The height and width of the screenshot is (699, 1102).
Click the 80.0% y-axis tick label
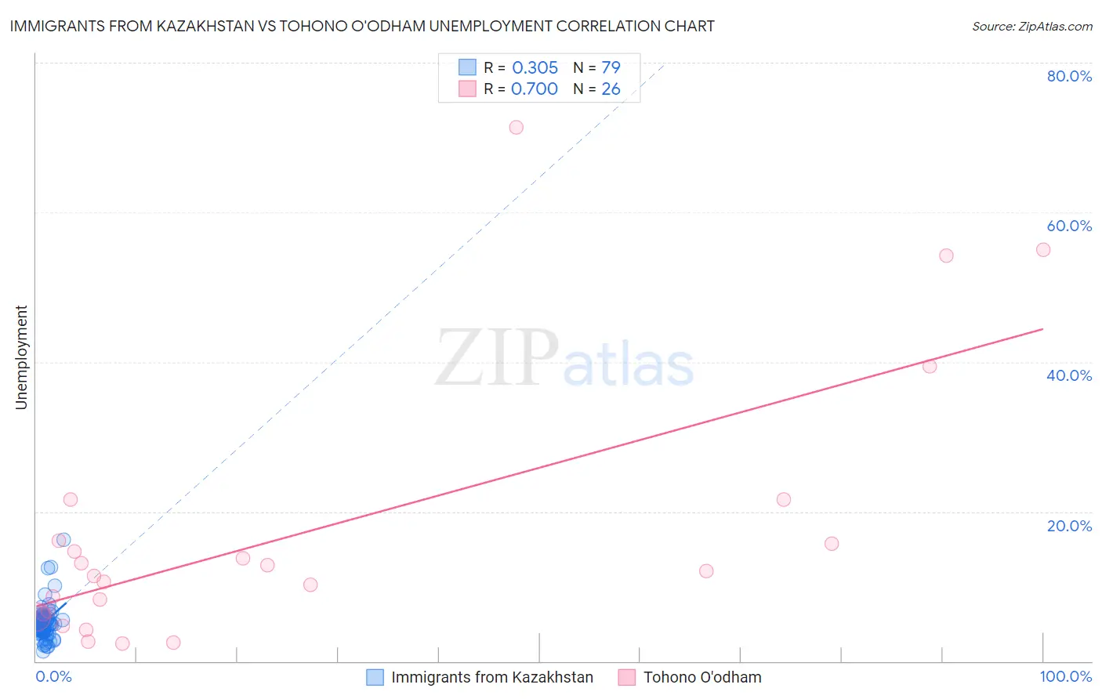pyautogui.click(x=1069, y=76)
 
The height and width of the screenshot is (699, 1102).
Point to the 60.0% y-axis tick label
pyautogui.click(x=1069, y=226)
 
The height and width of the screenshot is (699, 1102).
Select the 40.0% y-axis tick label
pyautogui.click(x=1069, y=375)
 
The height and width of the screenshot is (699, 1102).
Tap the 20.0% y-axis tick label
pyautogui.click(x=1069, y=526)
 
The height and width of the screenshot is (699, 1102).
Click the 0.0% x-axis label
pyautogui.click(x=53, y=676)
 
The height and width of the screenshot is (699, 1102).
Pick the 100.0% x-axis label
pyautogui.click(x=1065, y=676)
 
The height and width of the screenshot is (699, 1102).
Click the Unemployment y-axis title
pyautogui.click(x=21, y=357)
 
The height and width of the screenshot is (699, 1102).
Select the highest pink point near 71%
pyautogui.click(x=516, y=128)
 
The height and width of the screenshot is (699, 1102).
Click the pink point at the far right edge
pyautogui.click(x=1043, y=250)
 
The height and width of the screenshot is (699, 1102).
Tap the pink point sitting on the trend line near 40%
pyautogui.click(x=930, y=366)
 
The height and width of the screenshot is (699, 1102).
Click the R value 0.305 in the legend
pyautogui.click(x=535, y=68)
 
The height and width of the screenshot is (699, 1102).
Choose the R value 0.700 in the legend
pyautogui.click(x=535, y=89)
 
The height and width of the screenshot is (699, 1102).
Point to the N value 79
pyautogui.click(x=611, y=68)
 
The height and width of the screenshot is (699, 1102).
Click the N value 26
pyautogui.click(x=611, y=89)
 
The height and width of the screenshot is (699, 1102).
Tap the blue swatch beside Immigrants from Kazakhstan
pyautogui.click(x=375, y=677)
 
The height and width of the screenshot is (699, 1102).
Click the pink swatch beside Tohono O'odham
pyautogui.click(x=626, y=677)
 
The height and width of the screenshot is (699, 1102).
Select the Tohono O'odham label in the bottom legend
pyautogui.click(x=702, y=677)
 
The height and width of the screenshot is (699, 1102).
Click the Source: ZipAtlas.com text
pyautogui.click(x=1031, y=27)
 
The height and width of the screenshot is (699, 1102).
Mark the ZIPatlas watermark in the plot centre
pyautogui.click(x=564, y=359)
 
